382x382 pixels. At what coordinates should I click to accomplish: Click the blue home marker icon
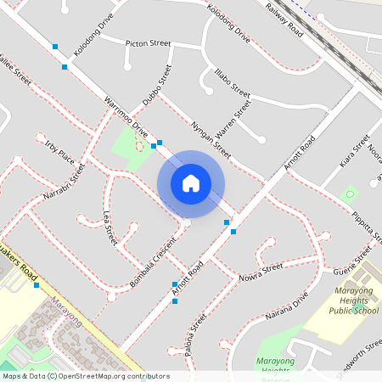(191, 183)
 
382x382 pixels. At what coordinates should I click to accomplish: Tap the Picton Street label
(148, 42)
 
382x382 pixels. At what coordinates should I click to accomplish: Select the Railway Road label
(284, 19)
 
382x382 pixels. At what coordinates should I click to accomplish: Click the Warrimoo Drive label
(126, 118)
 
